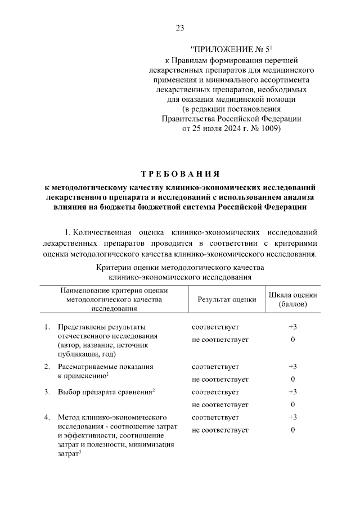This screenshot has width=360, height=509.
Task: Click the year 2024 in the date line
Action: click(x=224, y=129)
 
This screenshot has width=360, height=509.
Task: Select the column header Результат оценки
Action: click(x=227, y=299)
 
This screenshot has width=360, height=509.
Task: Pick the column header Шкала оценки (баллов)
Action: click(x=293, y=299)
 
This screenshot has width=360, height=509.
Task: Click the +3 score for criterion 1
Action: click(x=293, y=327)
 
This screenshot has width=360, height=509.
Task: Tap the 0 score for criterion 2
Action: click(x=293, y=379)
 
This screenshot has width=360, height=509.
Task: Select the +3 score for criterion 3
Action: click(x=293, y=391)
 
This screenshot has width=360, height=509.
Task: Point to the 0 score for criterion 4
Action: click(x=293, y=430)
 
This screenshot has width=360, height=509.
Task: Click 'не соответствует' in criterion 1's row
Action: click(x=220, y=340)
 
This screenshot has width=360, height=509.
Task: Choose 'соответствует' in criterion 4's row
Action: click(x=215, y=417)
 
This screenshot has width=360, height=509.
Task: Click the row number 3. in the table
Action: click(x=47, y=391)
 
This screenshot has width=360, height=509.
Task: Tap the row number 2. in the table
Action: click(x=47, y=366)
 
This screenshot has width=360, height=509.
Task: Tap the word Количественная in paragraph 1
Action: click(x=105, y=232)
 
